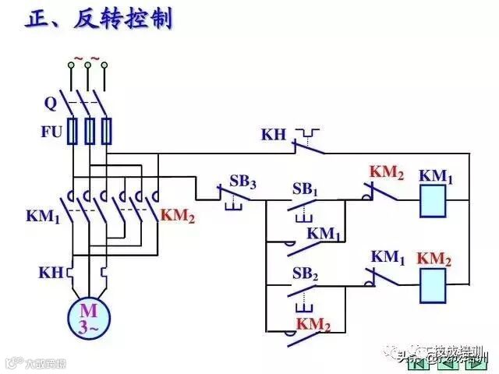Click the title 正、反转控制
[x=99, y=19]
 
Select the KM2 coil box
[x=434, y=285]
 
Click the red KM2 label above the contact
[x=388, y=172]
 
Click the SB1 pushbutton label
[x=306, y=189]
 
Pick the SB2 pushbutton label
[x=306, y=273]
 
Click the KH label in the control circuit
[x=274, y=135]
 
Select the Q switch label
[x=50, y=101]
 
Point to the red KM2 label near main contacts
[x=178, y=216]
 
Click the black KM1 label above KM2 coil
[x=388, y=256]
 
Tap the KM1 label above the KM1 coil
[x=436, y=175]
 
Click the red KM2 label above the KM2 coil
[x=434, y=258]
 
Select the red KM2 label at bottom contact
[x=313, y=324]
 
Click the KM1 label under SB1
[x=324, y=233]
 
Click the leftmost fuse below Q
[x=72, y=130]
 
